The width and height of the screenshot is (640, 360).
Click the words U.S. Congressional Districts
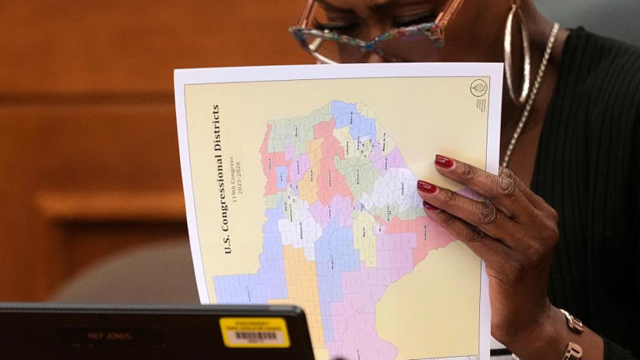pos(217,178)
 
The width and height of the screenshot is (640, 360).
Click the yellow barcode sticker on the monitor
pos(255,332)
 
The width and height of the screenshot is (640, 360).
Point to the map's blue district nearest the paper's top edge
pos(343,112)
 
